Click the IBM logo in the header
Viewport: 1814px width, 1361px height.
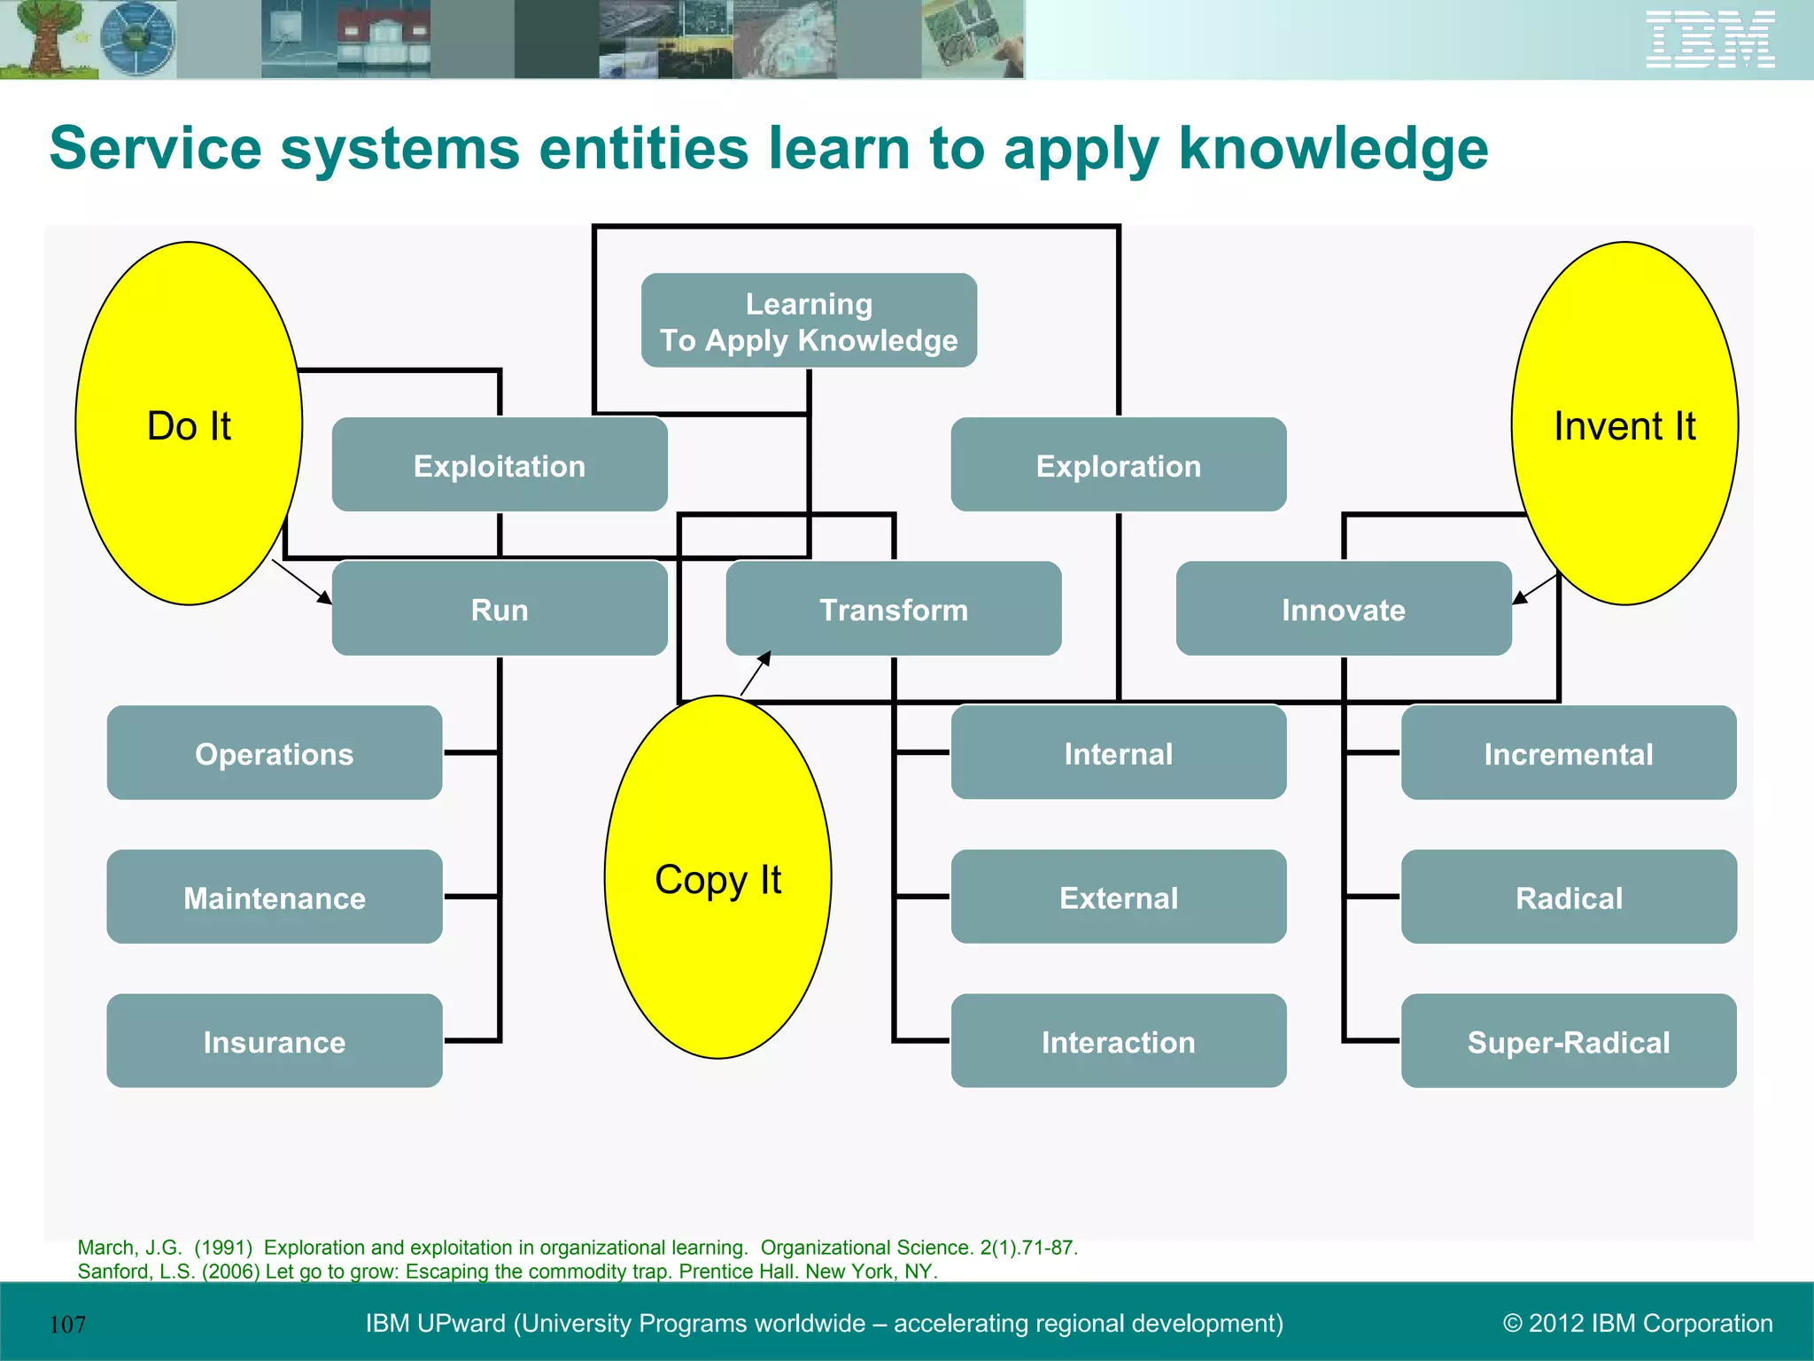[1709, 39]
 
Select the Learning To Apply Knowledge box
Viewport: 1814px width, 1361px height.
[809, 321]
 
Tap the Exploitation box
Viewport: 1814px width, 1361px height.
[500, 465]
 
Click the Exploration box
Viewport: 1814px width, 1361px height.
[1118, 465]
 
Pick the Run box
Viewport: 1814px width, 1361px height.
[500, 610]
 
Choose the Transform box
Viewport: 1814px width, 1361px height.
[893, 610]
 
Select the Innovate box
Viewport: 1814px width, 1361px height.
[1343, 610]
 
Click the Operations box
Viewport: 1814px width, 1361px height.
[275, 753]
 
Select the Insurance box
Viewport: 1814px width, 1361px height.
[275, 1041]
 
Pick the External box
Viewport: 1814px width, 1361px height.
[1118, 897]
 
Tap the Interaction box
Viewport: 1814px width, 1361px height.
[1118, 1041]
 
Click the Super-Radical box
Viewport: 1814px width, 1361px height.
[1568, 1041]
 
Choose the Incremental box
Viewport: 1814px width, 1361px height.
[1568, 753]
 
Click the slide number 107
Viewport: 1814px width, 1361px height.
[67, 1325]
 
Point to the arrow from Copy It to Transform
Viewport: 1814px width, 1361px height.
[755, 674]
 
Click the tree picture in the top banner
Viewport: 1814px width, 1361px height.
[44, 39]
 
